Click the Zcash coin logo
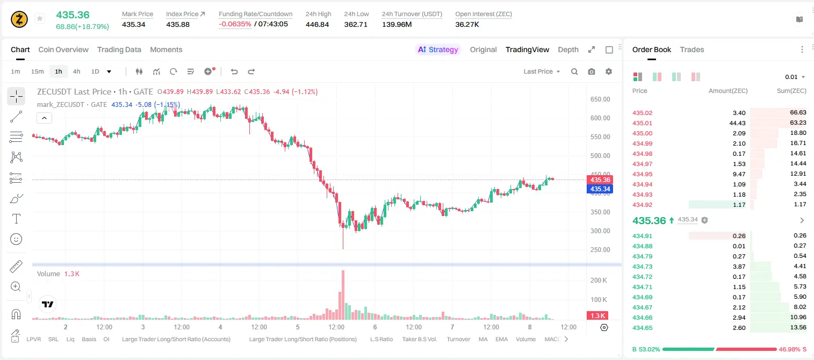(x=19, y=19)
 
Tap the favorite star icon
(x=40, y=18)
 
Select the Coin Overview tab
(x=63, y=49)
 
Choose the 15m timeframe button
(x=38, y=71)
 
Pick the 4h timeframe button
(x=76, y=71)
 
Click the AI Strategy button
(x=438, y=49)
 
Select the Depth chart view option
(x=568, y=49)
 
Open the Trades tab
(x=692, y=49)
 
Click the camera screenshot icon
(x=592, y=71)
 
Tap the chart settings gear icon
(x=609, y=71)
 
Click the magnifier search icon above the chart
(x=574, y=71)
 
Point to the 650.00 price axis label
(x=600, y=99)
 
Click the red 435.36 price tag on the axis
(x=600, y=180)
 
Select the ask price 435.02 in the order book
(x=642, y=113)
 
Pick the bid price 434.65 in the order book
(x=642, y=328)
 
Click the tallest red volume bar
(x=343, y=294)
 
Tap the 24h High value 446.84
(x=317, y=24)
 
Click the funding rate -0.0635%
(x=235, y=24)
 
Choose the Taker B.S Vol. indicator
(x=419, y=339)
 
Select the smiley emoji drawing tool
(x=16, y=239)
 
